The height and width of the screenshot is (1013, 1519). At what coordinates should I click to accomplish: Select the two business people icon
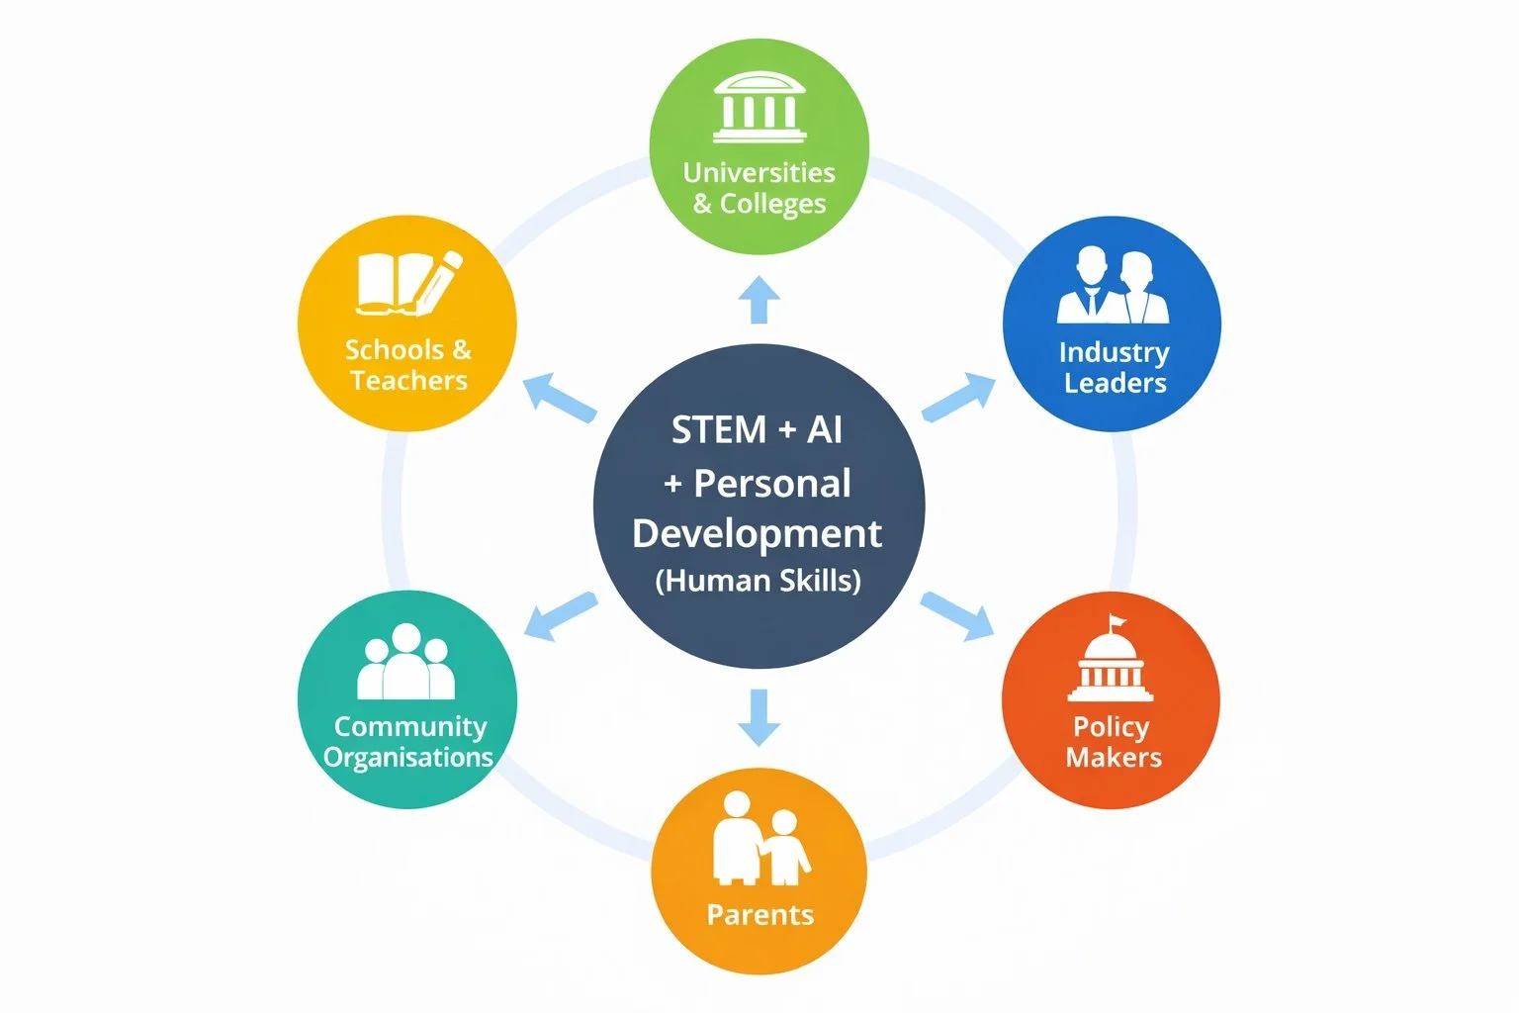(x=1113, y=285)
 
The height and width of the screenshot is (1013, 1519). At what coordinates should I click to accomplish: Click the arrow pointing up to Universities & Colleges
(x=759, y=300)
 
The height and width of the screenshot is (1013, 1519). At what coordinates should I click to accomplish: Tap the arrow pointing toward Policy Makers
(x=958, y=615)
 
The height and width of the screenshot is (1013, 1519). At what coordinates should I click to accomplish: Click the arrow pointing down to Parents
(x=759, y=717)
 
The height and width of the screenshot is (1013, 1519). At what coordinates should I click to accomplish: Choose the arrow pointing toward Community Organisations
(x=560, y=615)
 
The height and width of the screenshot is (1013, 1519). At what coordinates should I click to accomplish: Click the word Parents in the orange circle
(x=759, y=915)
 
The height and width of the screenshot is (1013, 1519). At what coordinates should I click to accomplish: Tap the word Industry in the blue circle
(x=1114, y=352)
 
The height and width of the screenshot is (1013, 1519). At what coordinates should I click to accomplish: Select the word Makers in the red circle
(x=1114, y=758)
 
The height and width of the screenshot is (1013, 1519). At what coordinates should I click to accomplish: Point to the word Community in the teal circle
(x=409, y=727)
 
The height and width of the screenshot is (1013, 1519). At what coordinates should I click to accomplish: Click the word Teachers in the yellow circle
(x=408, y=381)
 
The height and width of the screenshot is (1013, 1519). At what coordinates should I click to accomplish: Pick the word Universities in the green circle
(x=759, y=173)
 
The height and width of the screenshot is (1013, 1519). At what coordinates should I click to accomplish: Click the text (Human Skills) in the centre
(x=759, y=580)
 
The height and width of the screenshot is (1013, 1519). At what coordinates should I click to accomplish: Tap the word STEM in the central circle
(x=719, y=430)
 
